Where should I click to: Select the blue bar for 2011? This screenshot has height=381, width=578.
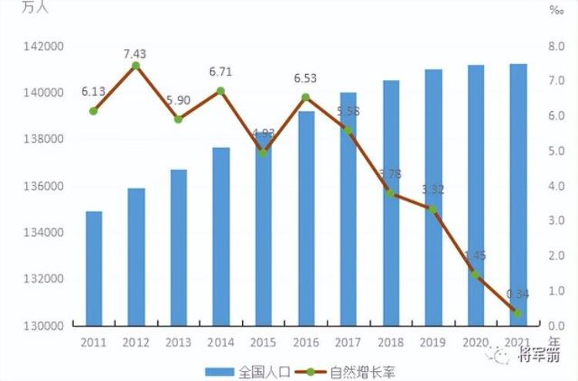pos(93,268)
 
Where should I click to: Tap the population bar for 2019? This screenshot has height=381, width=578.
pos(433,197)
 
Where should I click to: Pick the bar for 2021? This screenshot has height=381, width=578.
pos(518,194)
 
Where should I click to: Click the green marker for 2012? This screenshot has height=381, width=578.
pos(136,66)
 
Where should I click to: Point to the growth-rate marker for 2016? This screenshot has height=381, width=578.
pos(305,97)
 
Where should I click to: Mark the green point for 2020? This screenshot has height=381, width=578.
pos(476,275)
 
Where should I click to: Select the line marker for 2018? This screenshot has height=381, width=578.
pos(391,194)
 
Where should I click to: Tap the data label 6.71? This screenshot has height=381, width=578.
pos(220,72)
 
